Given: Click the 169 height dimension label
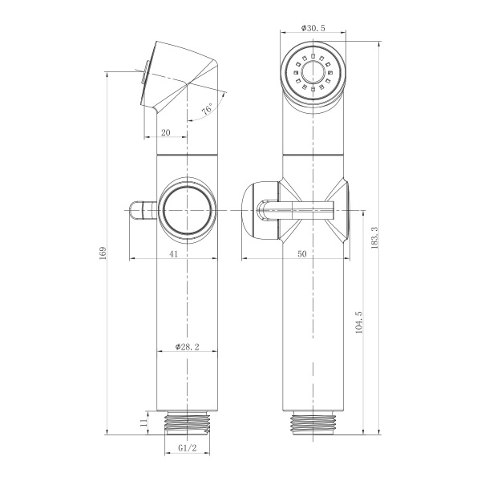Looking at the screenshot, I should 101,253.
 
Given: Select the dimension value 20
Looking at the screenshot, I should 166,133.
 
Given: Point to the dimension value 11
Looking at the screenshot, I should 143,422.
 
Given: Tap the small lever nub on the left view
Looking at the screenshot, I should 140,212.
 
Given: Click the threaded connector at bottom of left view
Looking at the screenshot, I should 188,422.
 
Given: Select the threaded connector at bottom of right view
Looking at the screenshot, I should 313,422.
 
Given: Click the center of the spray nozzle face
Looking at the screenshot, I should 313,71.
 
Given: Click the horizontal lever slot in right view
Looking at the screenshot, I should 301,212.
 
